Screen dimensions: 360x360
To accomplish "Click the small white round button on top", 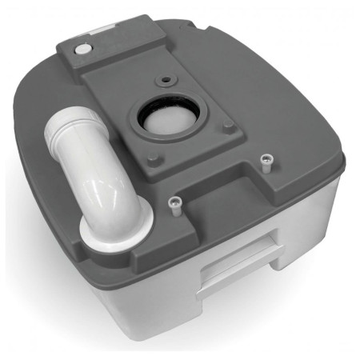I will pyautogui.click(x=83, y=49).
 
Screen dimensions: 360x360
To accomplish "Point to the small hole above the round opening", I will pyautogui.click(x=166, y=81).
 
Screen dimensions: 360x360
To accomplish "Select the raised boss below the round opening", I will pyautogui.click(x=157, y=158).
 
